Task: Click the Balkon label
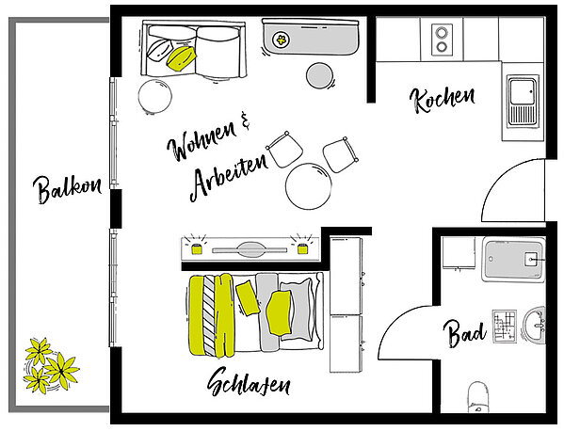(68, 189)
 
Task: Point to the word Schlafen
(249, 382)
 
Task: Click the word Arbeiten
(229, 178)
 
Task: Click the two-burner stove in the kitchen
(442, 40)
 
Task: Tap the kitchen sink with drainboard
(523, 101)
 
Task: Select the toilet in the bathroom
(478, 397)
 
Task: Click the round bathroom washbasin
(535, 326)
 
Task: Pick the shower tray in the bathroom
(514, 259)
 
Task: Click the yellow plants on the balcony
(52, 365)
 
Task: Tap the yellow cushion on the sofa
(181, 57)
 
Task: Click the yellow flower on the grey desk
(282, 39)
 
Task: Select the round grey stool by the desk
(319, 75)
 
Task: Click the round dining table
(309, 186)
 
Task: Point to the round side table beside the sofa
(155, 96)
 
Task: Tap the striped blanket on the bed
(209, 314)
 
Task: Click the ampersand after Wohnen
(245, 120)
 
